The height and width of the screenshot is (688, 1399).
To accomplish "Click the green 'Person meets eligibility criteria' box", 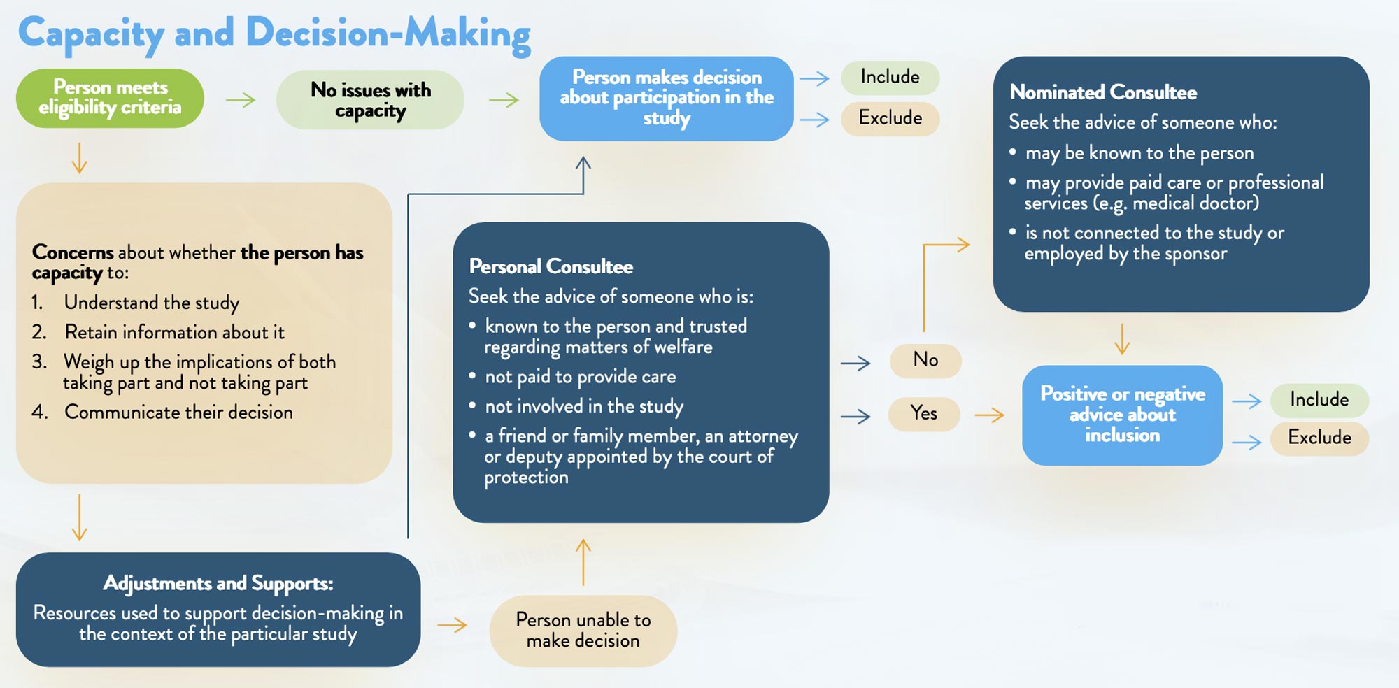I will (110, 98).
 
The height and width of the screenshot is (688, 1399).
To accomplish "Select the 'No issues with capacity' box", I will (370, 100).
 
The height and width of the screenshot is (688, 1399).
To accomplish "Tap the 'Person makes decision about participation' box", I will (666, 98).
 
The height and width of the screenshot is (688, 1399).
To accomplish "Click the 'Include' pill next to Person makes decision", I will (890, 77).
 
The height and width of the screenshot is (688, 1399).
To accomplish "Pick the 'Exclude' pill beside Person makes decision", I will (890, 118).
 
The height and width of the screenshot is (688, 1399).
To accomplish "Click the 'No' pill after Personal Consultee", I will (925, 360).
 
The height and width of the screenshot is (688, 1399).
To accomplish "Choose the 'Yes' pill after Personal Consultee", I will (924, 414).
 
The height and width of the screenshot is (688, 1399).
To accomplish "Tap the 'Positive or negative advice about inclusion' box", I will (1122, 415).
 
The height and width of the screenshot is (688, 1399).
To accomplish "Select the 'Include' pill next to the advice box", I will (1319, 400).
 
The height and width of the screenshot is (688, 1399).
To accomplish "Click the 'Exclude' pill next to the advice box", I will (1319, 438).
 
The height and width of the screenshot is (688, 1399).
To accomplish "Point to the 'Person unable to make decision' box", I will (583, 631).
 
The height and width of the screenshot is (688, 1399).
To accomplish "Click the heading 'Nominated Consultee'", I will (1103, 92).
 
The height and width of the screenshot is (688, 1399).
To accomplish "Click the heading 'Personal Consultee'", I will (551, 266).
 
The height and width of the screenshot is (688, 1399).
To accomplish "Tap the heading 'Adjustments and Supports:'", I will (218, 583).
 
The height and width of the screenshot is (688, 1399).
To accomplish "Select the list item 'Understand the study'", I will (152, 303).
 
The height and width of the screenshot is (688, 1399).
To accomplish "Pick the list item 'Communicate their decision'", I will (178, 413).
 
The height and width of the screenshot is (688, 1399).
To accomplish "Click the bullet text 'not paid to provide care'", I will (581, 377).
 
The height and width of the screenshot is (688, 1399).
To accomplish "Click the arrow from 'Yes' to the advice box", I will (989, 415).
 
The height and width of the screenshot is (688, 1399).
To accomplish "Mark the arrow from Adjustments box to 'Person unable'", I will (452, 624).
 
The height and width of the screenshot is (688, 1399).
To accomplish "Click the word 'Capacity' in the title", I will (91, 34).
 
